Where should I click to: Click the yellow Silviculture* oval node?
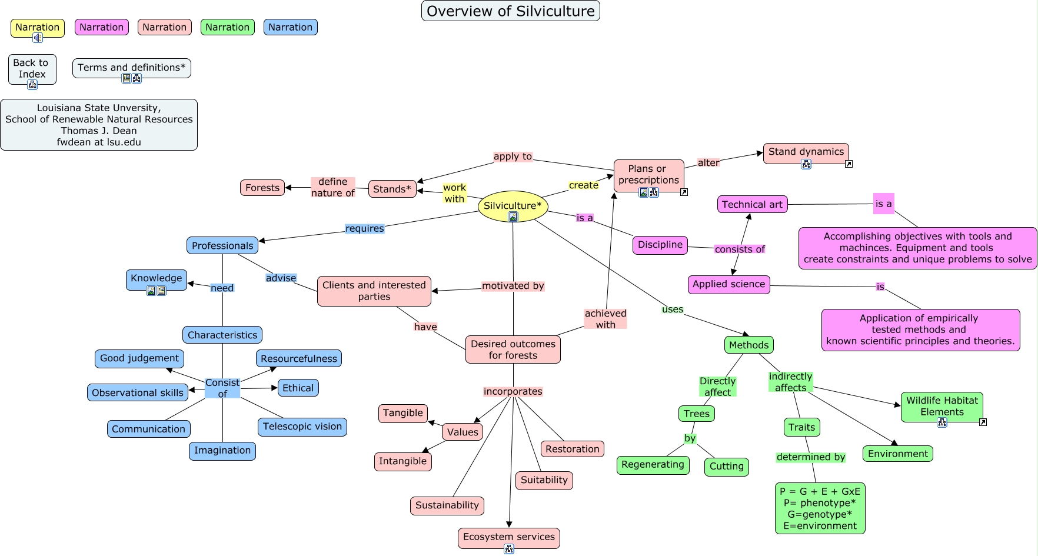(513, 205)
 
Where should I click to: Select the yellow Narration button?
(37, 27)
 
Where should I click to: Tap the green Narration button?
(227, 27)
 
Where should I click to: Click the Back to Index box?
(31, 68)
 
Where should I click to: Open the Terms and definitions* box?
(131, 68)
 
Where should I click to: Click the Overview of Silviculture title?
(510, 11)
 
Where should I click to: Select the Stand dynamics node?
(806, 152)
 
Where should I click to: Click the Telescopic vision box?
(302, 427)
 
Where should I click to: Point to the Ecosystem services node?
(508, 537)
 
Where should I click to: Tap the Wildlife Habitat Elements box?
(941, 406)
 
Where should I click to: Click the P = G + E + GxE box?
(820, 508)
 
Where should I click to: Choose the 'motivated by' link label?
(513, 286)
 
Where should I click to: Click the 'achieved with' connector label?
(605, 319)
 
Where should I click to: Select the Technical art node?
(752, 204)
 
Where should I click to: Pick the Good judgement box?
(139, 358)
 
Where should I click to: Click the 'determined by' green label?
(810, 457)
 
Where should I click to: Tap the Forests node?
(262, 188)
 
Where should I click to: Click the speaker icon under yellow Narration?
(38, 38)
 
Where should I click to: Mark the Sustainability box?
(447, 505)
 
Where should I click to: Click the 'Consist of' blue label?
(222, 388)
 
